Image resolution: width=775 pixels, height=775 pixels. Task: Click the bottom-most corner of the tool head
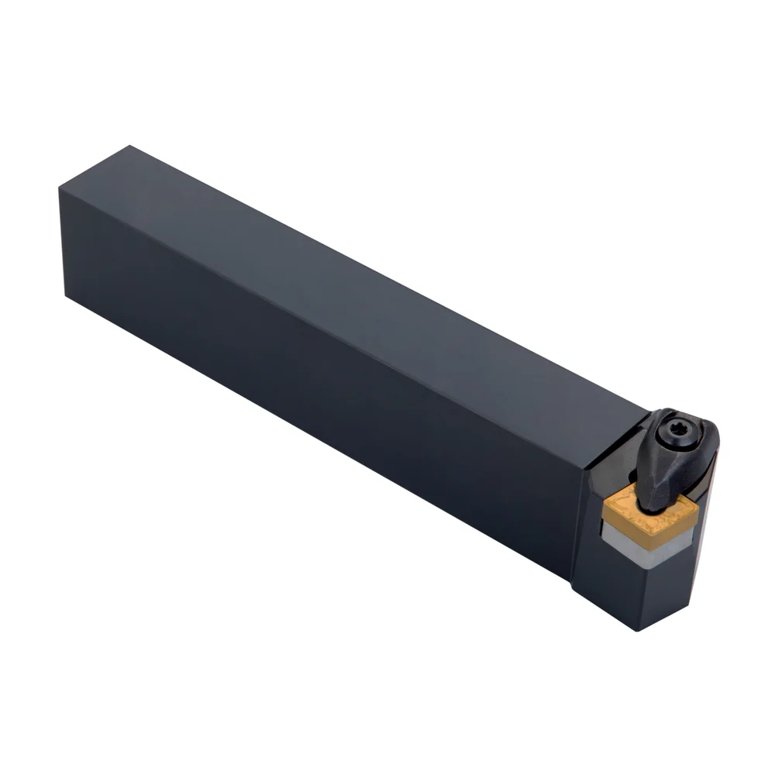point(638,629)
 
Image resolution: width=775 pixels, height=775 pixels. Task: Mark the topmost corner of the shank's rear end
point(129,146)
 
